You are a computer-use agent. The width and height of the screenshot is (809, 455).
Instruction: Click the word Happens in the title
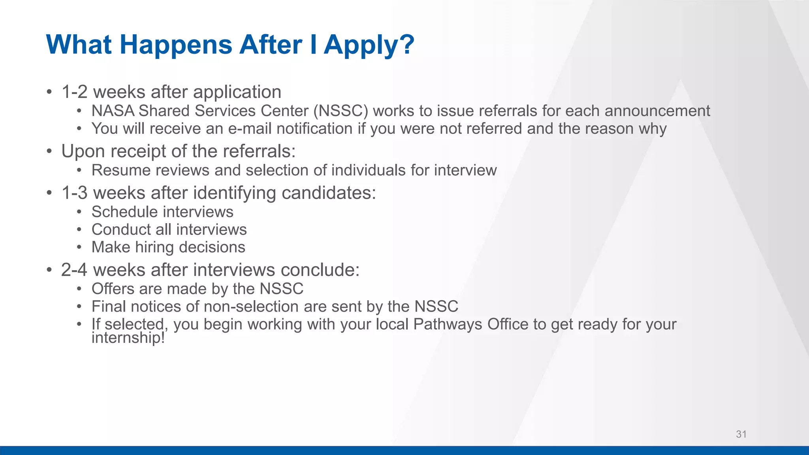[x=175, y=45]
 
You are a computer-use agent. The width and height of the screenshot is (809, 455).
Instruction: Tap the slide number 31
[x=741, y=434]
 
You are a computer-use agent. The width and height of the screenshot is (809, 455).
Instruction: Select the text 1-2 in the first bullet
[x=74, y=92]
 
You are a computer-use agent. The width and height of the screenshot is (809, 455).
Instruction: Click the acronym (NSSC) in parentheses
[x=341, y=111]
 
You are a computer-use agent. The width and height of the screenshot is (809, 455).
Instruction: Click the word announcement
[x=657, y=111]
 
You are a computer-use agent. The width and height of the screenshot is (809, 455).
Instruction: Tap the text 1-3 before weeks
[x=74, y=193]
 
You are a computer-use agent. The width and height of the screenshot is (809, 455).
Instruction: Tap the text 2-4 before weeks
[x=74, y=270]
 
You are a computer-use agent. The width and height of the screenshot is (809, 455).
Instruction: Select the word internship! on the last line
[x=128, y=338]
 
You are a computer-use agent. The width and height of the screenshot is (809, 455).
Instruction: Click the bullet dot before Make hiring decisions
[x=79, y=247]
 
